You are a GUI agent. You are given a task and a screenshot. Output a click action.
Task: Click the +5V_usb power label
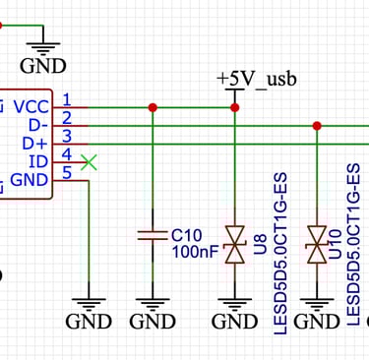259,78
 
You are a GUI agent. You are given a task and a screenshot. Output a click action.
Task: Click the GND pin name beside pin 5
30,180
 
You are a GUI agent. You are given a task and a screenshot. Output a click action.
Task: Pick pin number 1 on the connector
66,98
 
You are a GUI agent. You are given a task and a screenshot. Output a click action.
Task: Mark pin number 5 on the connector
66,173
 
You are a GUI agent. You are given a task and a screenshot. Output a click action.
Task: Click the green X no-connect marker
90,161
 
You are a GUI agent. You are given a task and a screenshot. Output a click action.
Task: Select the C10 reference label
186,235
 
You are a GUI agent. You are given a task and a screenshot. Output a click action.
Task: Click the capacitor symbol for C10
152,236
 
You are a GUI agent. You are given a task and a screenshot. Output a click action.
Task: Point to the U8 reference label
261,243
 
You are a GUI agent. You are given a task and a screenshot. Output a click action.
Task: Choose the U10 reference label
336,243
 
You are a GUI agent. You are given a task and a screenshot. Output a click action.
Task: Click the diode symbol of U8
234,243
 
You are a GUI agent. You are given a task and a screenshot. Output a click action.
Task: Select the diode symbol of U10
317,243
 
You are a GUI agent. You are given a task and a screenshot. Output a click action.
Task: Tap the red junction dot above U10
317,125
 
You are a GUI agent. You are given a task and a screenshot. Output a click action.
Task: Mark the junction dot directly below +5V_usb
234,107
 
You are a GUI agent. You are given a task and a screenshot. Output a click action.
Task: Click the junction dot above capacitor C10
152,107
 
